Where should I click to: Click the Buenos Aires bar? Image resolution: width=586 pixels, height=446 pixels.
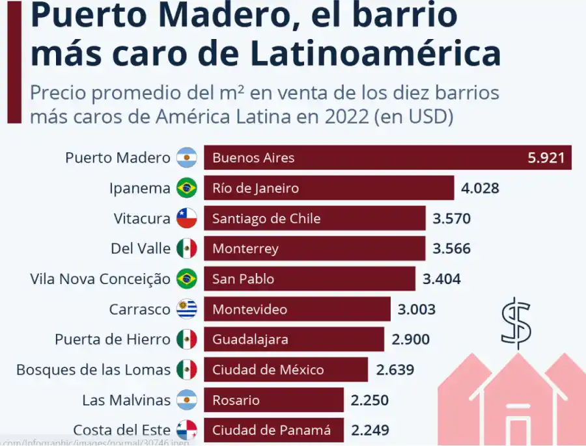point(387,157)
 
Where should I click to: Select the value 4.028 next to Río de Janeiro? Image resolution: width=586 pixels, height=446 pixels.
point(480,189)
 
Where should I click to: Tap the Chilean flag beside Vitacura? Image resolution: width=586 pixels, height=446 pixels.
point(187,218)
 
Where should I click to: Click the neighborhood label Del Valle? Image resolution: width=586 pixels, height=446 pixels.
point(141,248)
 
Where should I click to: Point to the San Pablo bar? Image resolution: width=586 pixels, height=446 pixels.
point(309,279)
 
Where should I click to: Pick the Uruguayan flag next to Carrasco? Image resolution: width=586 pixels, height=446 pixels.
point(187,309)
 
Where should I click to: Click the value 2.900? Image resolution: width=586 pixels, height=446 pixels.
point(410,339)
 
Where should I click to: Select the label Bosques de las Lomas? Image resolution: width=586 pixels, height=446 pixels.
point(94,370)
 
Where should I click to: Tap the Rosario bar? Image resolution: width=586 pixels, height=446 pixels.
point(273,400)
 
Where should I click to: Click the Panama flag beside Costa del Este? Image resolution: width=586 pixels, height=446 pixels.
point(187,430)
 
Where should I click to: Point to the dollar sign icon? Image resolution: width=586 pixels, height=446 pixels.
point(516,323)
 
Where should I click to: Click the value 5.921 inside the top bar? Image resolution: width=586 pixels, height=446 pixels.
point(546,157)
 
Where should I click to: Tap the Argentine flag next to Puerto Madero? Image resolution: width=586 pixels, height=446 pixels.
point(187,158)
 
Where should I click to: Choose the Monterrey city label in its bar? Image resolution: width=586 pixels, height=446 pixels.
point(245,248)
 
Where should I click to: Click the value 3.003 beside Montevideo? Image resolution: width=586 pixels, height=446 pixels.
point(416,309)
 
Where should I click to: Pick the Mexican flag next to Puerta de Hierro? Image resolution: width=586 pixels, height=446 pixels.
point(187,339)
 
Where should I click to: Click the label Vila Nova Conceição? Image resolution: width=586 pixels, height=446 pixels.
point(100,279)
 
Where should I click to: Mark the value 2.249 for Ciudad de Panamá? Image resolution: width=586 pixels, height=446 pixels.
point(370,430)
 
